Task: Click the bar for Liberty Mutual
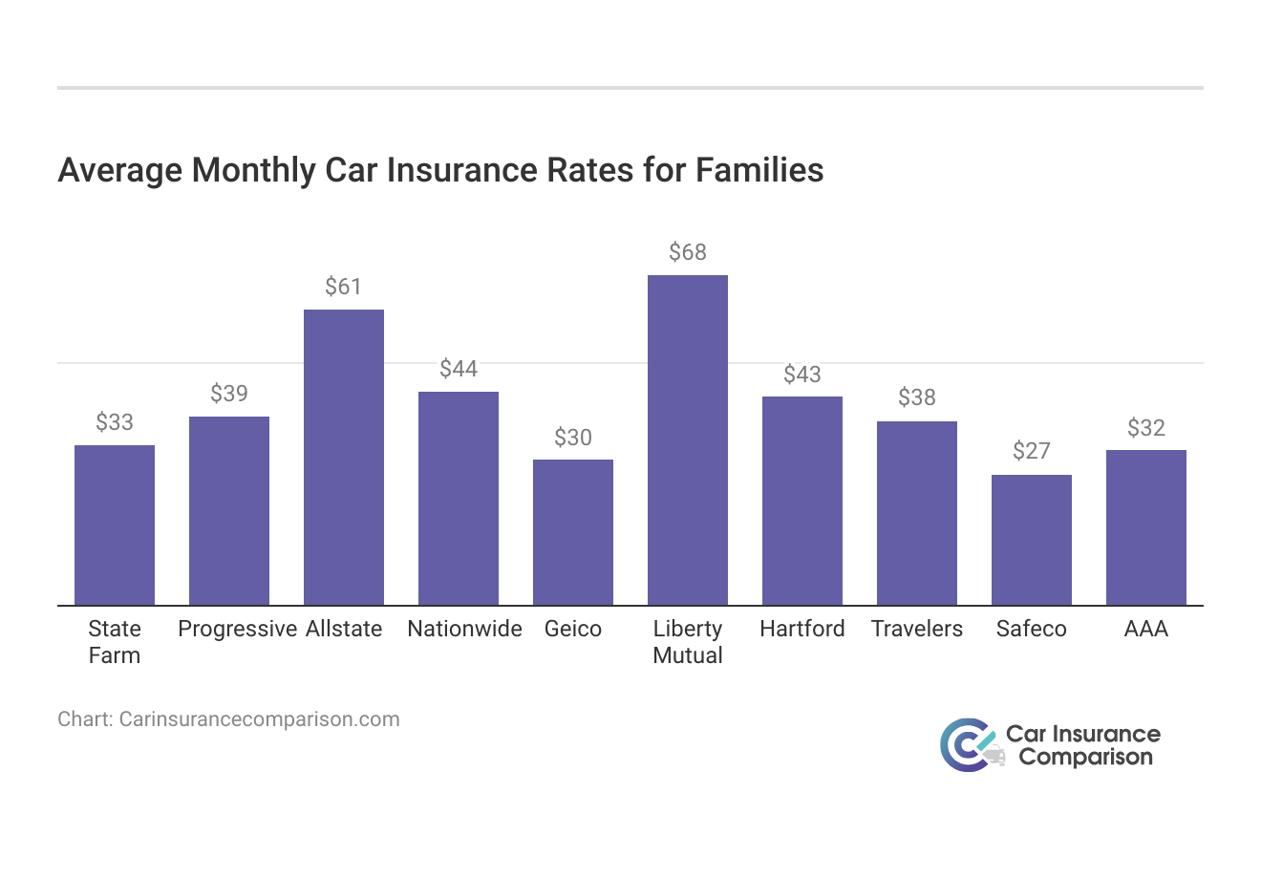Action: tap(688, 440)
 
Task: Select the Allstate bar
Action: tap(344, 458)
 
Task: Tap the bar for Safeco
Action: tap(1032, 540)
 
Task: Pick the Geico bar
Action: tap(573, 532)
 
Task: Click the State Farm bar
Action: tap(115, 525)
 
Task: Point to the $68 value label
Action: tap(688, 252)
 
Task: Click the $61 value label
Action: tap(344, 287)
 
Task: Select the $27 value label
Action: tap(1032, 451)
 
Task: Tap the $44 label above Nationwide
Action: tap(459, 369)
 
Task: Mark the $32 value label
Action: tap(1146, 427)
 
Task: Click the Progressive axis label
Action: tap(238, 629)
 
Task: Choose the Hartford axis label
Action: tap(802, 629)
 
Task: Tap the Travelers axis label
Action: tap(917, 629)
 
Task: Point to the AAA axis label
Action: tap(1146, 629)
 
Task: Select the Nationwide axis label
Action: tap(464, 629)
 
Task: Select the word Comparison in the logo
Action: tap(1085, 758)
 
